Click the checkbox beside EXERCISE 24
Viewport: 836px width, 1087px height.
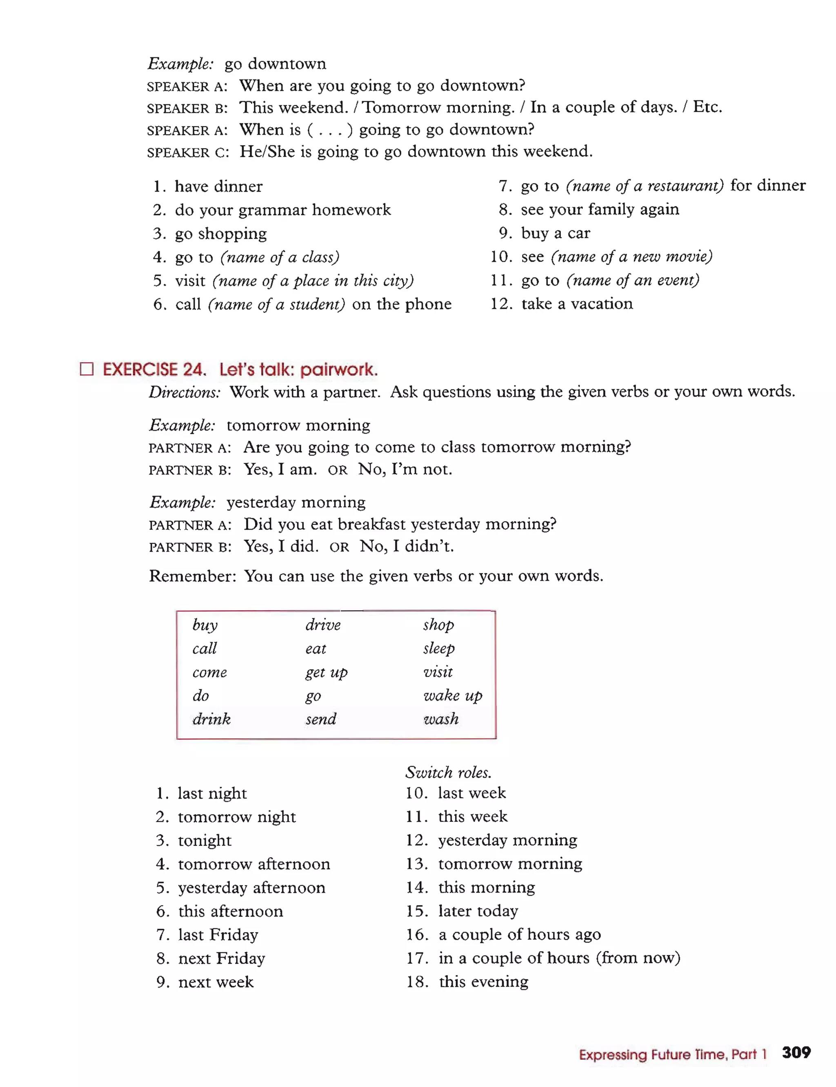point(87,369)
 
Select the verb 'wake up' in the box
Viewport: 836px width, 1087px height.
point(452,695)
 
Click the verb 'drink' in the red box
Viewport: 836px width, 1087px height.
point(211,719)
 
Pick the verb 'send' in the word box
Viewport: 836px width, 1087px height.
point(321,719)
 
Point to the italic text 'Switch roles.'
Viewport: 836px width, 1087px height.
point(448,772)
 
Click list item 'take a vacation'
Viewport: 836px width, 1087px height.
point(577,303)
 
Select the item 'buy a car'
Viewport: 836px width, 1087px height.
point(555,233)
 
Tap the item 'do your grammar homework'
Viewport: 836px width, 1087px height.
point(282,210)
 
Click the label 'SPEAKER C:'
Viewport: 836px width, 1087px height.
point(188,152)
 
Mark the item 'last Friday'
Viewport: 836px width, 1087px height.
point(218,935)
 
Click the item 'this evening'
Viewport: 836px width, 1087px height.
point(483,982)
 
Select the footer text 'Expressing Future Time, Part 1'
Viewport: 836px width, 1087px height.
point(672,1054)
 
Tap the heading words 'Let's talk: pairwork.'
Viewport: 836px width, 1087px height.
point(298,370)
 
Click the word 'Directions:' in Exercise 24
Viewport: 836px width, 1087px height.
point(184,392)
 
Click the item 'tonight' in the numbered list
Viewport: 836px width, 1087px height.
point(205,840)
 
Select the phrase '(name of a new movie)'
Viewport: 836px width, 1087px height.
point(631,257)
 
